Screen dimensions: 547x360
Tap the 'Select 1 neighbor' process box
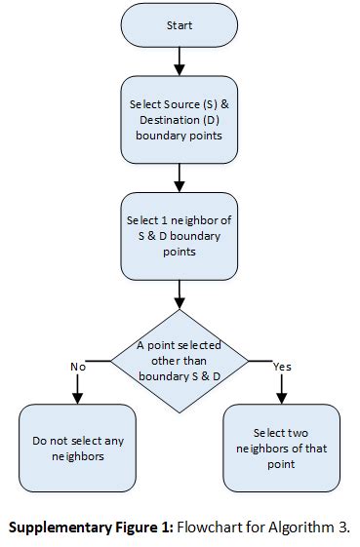click(x=180, y=235)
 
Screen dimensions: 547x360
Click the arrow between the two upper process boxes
click(x=180, y=176)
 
